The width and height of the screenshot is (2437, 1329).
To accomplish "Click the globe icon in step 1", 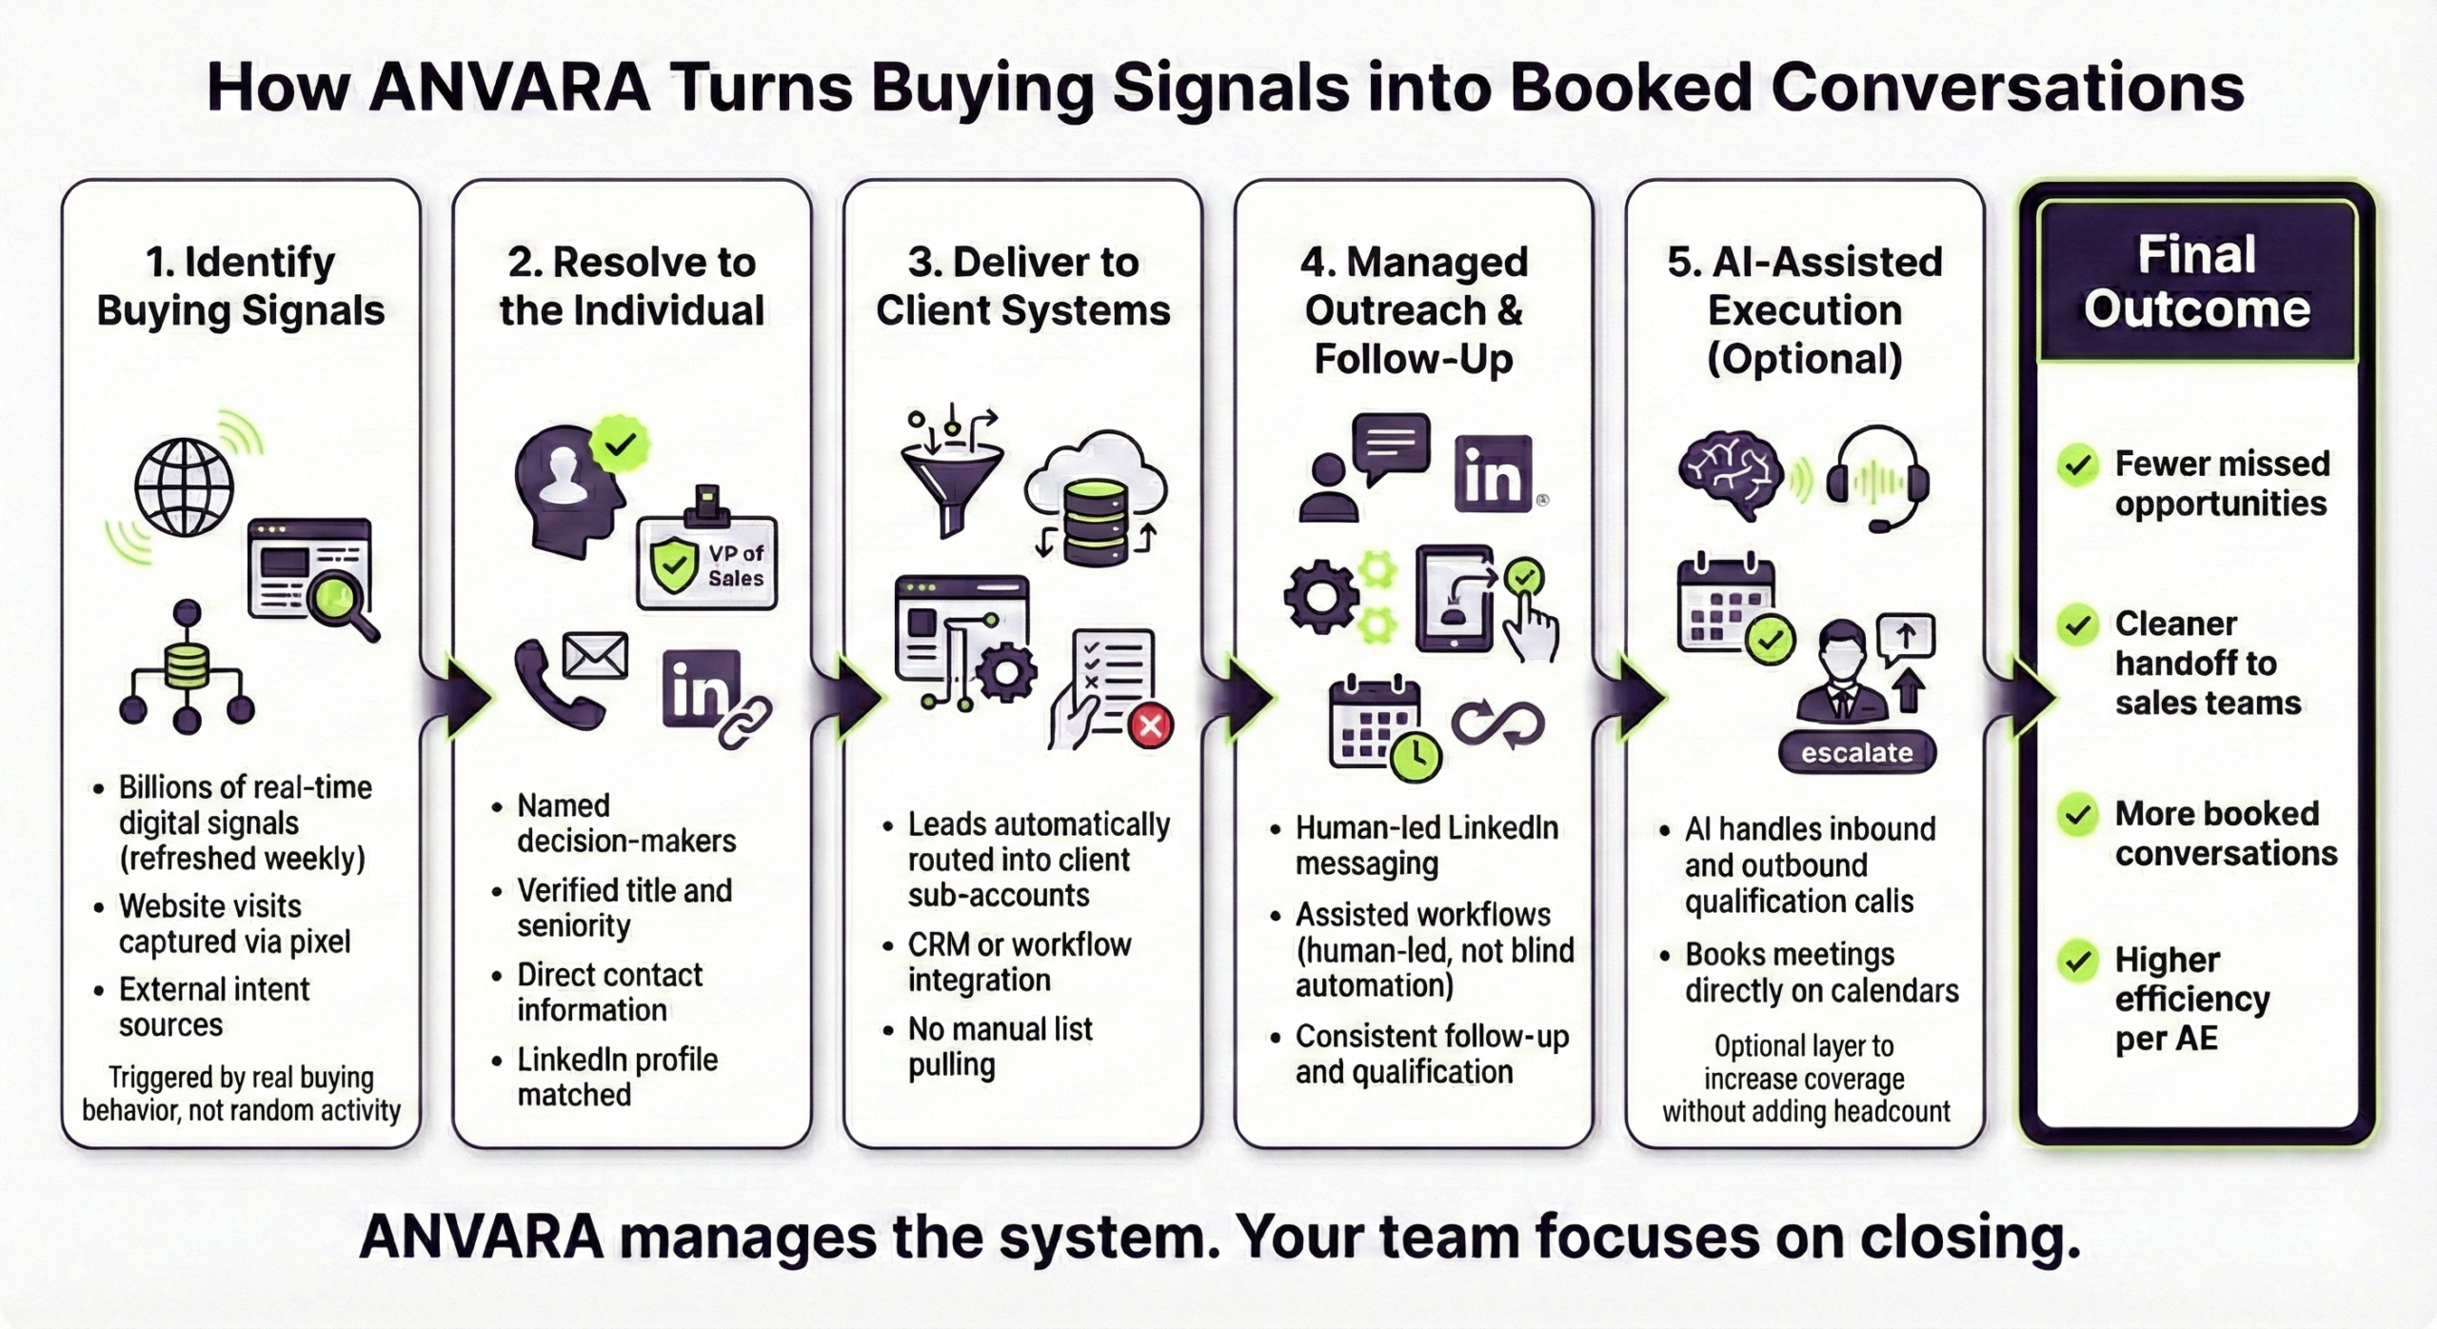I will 184,487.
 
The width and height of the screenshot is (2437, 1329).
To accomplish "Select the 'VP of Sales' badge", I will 707,564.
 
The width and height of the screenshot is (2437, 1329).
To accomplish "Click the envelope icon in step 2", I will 595,656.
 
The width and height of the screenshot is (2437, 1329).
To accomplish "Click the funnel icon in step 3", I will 951,486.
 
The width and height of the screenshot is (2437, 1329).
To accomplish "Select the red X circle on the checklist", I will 1150,727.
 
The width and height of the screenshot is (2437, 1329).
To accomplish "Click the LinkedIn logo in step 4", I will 1493,474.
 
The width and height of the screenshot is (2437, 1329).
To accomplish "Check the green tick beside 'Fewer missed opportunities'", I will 2077,466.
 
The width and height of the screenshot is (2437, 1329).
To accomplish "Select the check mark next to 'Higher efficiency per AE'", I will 2077,962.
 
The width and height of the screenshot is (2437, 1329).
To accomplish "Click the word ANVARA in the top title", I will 509,88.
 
